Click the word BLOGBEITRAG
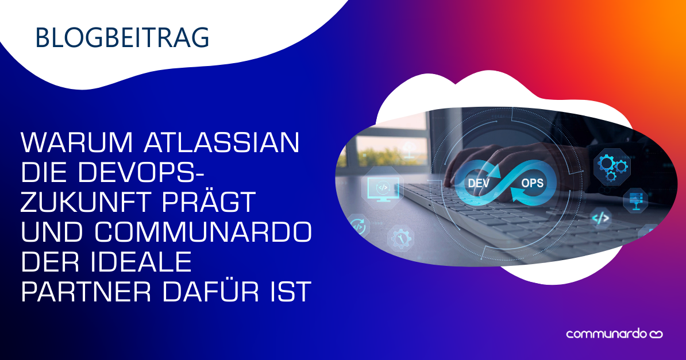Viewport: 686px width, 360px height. coord(122,37)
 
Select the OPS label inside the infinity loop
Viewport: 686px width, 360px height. coord(531,183)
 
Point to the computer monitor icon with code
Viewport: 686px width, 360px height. coord(380,188)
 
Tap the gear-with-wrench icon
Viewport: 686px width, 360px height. coord(400,237)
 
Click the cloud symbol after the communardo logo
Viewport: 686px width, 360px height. coord(656,334)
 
